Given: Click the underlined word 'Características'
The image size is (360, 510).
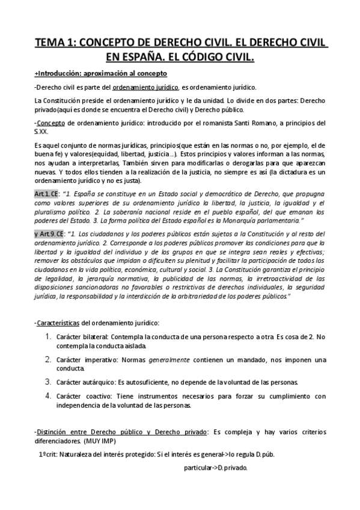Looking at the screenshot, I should pyautogui.click(x=62, y=323).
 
